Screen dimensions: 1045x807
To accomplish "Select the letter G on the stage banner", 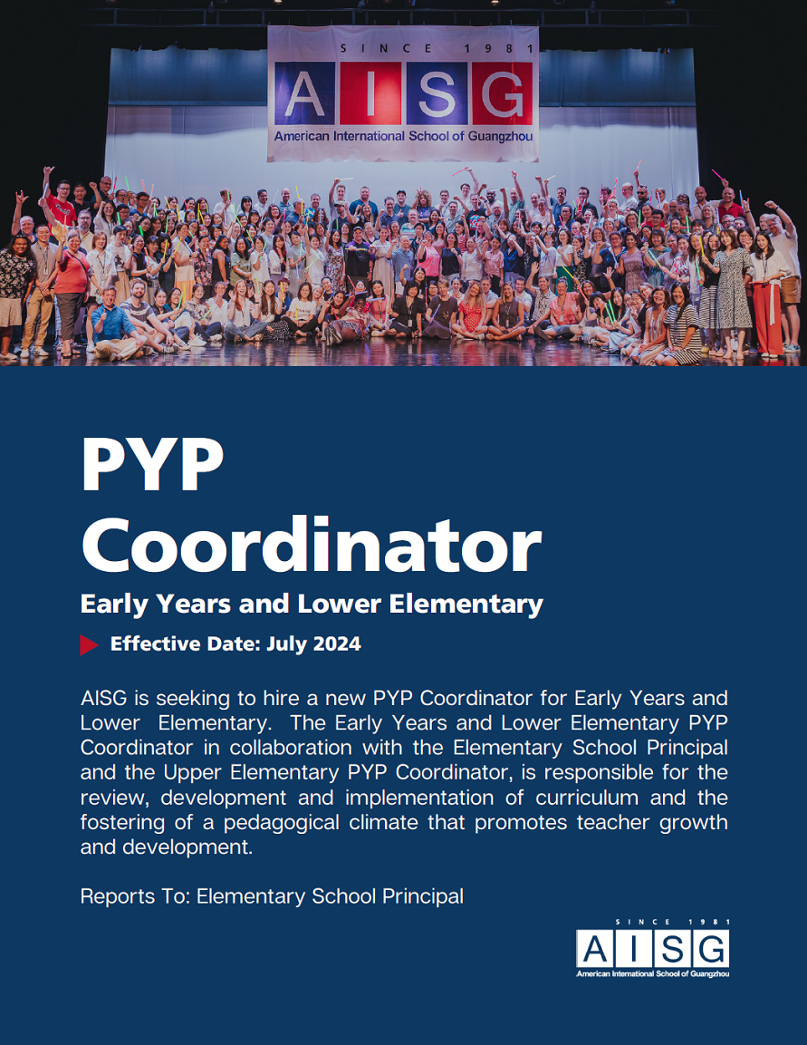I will tap(499, 95).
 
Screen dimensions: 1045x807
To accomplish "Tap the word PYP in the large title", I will tap(151, 465).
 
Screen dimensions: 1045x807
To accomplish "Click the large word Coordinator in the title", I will tap(311, 547).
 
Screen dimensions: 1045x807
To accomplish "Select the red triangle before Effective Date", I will tap(89, 644).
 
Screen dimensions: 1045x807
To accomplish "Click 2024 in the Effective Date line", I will tap(337, 644).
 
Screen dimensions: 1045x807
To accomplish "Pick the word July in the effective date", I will tap(287, 644).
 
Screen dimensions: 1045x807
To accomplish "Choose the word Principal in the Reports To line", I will tap(422, 896).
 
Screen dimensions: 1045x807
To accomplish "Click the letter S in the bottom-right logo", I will tap(672, 949).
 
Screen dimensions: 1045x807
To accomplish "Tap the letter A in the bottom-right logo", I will tap(594, 949).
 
